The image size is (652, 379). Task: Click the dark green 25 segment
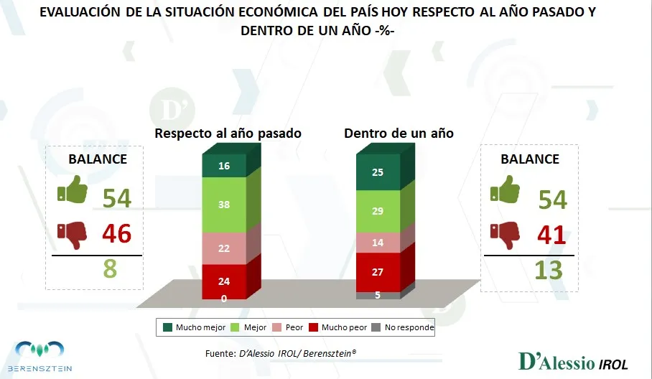click(x=378, y=173)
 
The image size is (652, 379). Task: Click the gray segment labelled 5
click(x=378, y=294)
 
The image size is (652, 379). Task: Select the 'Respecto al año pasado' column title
click(x=228, y=134)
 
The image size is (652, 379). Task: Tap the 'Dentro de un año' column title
click(x=399, y=134)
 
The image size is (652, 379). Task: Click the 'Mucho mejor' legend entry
click(x=190, y=327)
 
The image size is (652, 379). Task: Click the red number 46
click(x=117, y=233)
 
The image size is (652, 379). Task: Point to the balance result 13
click(x=548, y=270)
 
